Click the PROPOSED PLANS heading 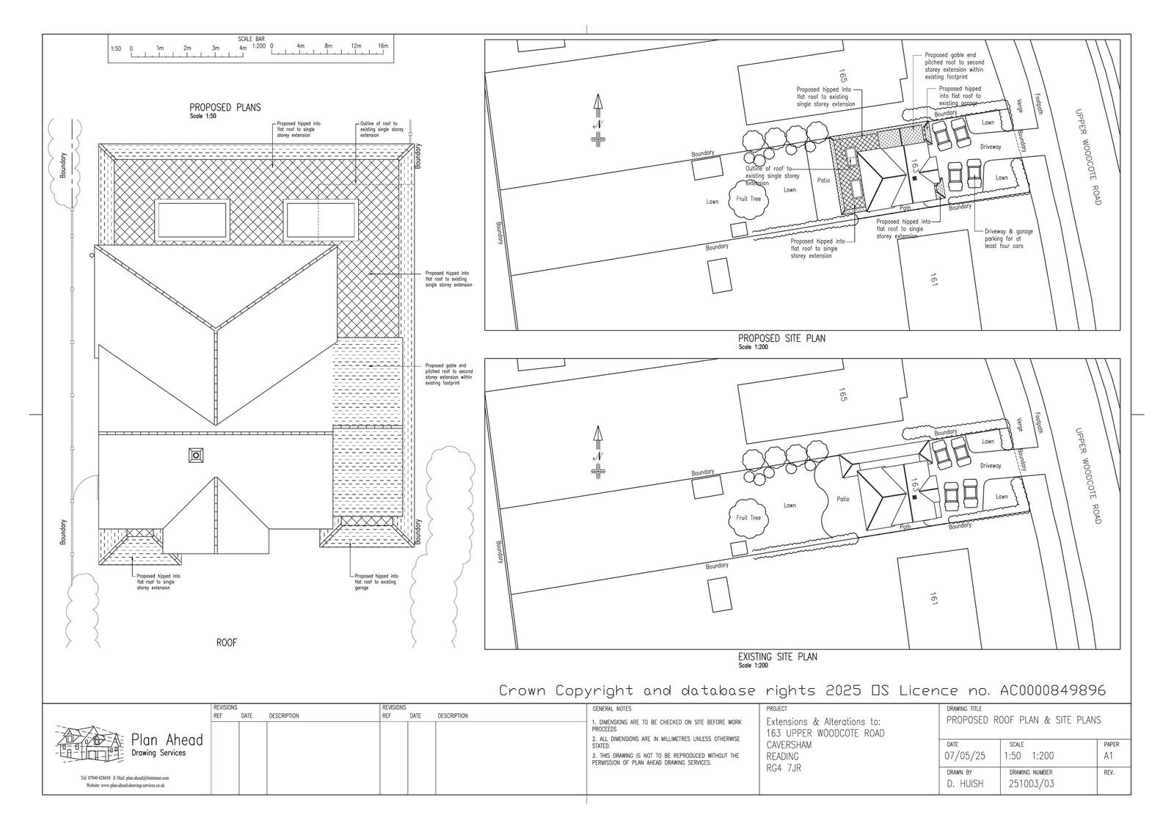click(x=225, y=107)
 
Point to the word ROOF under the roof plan click(x=226, y=643)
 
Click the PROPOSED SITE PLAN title click(x=781, y=338)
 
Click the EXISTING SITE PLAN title click(x=777, y=657)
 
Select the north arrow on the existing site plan click(x=598, y=450)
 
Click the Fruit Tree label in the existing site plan click(x=748, y=518)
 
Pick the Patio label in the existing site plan click(x=843, y=499)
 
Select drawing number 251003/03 click(x=1032, y=784)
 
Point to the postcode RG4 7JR click(x=783, y=768)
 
